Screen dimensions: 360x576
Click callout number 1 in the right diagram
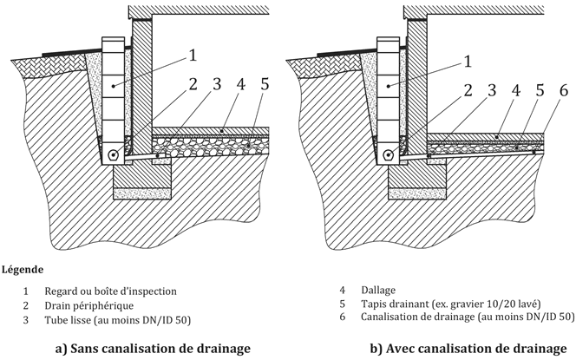pos(468,61)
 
